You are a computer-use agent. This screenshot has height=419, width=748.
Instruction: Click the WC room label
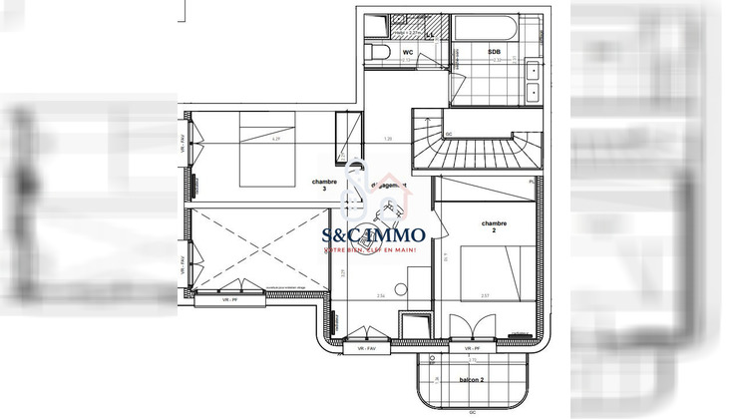407,51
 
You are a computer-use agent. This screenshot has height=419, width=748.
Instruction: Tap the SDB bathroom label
495,51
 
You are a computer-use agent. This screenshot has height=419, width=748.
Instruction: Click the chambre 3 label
323,186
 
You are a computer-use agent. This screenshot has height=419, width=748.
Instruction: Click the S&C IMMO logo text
373,235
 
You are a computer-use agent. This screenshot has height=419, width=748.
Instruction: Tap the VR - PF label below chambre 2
473,348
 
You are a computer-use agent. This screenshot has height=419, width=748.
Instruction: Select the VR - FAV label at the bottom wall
365,348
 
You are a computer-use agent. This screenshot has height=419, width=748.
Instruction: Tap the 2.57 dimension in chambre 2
485,296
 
